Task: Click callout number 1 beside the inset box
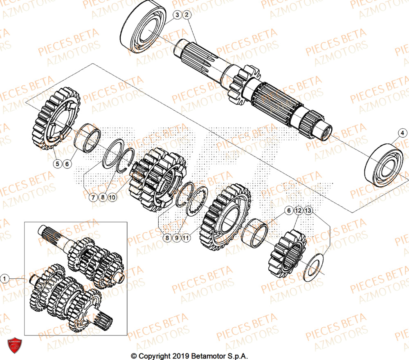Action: pos(5,279)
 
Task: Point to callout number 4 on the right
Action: pos(402,133)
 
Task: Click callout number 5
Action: pos(58,164)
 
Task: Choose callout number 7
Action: pos(93,197)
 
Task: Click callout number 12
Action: pos(299,210)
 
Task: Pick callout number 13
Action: pos(308,210)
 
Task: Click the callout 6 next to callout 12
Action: pos(289,210)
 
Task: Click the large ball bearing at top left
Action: pos(143,29)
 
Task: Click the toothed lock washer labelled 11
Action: pos(198,201)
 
